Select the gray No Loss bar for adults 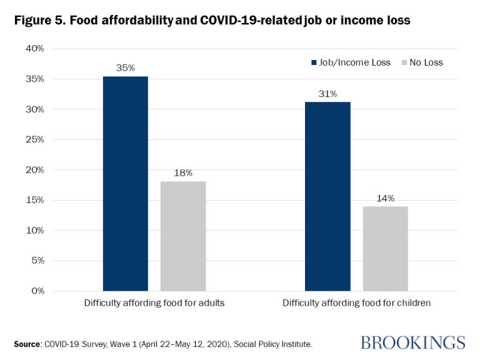[x=183, y=236]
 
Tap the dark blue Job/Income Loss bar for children [x=327, y=196]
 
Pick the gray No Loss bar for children [x=385, y=248]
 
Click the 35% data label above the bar [x=126, y=67]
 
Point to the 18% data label [x=183, y=172]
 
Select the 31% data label [x=327, y=94]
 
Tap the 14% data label [x=385, y=198]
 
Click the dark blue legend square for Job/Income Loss [x=314, y=62]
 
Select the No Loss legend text [x=426, y=62]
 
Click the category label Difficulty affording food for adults [x=154, y=304]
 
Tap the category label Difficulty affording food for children [x=356, y=304]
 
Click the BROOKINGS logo [x=412, y=342]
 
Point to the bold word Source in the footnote [x=29, y=344]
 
